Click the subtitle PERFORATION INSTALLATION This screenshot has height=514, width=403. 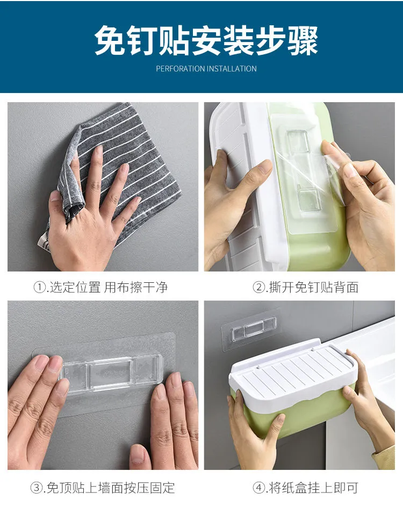pyautogui.click(x=206, y=69)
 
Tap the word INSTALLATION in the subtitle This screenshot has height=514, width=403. pyautogui.click(x=232, y=69)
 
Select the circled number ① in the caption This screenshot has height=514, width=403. pyautogui.click(x=39, y=288)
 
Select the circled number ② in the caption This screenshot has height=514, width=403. pyautogui.click(x=258, y=288)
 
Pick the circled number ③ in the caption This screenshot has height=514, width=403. pyautogui.click(x=36, y=488)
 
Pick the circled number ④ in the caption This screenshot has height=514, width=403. pyautogui.click(x=258, y=488)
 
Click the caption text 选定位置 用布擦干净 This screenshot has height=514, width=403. pyautogui.click(x=109, y=288)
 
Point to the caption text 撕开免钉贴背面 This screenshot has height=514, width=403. pyautogui.click(x=314, y=288)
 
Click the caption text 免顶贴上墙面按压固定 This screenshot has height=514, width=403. pyautogui.click(x=111, y=488)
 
